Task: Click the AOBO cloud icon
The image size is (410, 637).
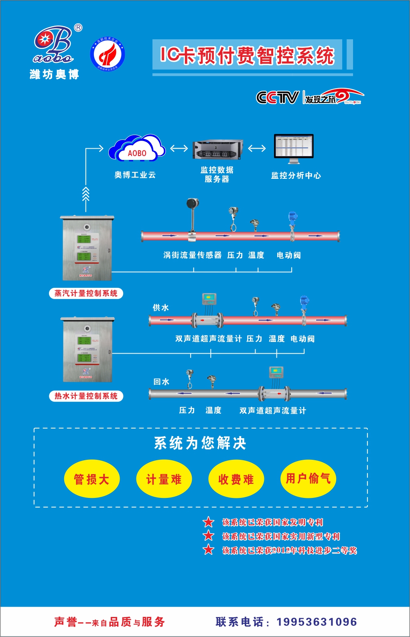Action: tap(137, 148)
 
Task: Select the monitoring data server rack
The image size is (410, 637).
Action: tap(218, 149)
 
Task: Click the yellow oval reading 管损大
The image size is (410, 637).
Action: tap(92, 479)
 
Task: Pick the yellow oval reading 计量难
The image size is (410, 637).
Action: tap(164, 479)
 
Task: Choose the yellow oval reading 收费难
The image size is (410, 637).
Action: tap(236, 479)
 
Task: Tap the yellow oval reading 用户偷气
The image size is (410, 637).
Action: tap(308, 478)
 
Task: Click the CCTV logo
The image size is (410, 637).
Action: tap(278, 97)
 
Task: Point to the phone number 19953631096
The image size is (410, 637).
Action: tap(317, 622)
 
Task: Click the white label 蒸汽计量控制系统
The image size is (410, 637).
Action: tap(86, 293)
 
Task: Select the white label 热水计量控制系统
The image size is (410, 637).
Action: tap(86, 396)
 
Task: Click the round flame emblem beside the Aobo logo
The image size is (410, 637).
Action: tap(108, 54)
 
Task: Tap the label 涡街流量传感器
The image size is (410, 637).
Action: tap(192, 255)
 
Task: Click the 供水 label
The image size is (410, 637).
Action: tap(160, 307)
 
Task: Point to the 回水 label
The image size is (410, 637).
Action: tap(161, 382)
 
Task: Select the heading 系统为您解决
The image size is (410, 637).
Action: tap(200, 443)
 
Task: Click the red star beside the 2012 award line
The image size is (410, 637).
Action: tap(209, 550)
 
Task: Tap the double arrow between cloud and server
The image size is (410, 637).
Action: tap(179, 148)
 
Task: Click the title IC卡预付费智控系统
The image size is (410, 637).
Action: tap(247, 55)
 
